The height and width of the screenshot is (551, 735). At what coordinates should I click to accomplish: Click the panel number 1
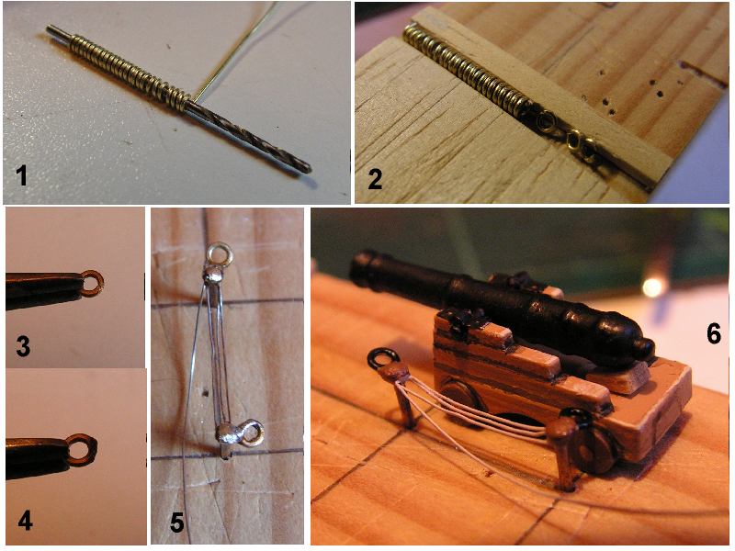[21, 176]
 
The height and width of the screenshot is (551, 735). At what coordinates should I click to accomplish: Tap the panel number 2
[375, 179]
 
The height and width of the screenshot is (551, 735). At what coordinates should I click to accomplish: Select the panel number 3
[22, 347]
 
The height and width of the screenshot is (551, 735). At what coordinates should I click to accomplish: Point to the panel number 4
[25, 520]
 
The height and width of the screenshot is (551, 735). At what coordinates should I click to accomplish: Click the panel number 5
[176, 523]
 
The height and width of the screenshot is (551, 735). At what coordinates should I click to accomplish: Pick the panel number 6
[714, 334]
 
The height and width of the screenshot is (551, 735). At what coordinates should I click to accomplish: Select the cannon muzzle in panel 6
[363, 265]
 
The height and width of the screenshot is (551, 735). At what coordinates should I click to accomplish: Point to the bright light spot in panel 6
[652, 287]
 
